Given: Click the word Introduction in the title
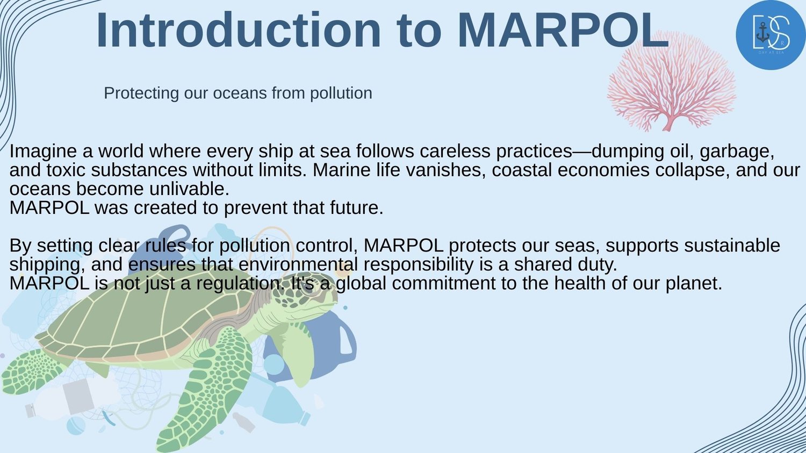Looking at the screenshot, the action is [x=238, y=30].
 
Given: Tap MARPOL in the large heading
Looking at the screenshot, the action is [x=563, y=30].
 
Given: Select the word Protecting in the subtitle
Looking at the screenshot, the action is [x=141, y=93].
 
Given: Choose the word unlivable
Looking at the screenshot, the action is [x=189, y=189].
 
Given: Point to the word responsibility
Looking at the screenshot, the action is [x=419, y=265].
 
